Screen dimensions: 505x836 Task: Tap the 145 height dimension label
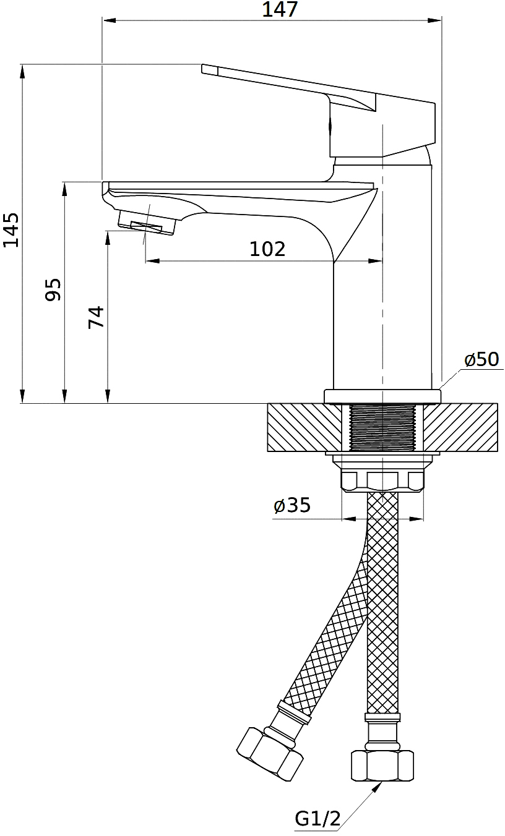click(x=11, y=229)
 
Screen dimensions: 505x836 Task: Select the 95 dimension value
click(x=53, y=289)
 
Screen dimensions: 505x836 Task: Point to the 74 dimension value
click(x=96, y=317)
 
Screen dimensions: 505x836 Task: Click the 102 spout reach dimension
click(x=267, y=249)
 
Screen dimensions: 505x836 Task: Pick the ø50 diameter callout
click(x=481, y=359)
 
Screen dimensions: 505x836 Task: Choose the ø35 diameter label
click(x=291, y=505)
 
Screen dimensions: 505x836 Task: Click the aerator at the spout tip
click(x=147, y=223)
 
